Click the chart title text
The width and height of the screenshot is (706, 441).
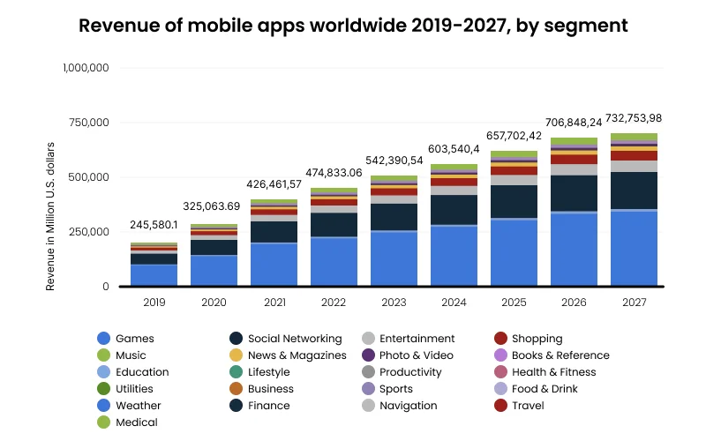click(353, 26)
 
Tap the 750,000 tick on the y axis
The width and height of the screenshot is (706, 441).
click(85, 122)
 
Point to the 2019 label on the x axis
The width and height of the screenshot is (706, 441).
click(154, 302)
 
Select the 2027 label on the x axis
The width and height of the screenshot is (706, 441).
click(634, 302)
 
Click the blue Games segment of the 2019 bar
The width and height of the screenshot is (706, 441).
click(154, 275)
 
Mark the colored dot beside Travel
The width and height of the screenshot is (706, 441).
click(500, 406)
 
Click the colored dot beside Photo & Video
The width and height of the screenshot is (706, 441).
click(369, 355)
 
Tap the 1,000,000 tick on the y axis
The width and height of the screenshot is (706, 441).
click(85, 67)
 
